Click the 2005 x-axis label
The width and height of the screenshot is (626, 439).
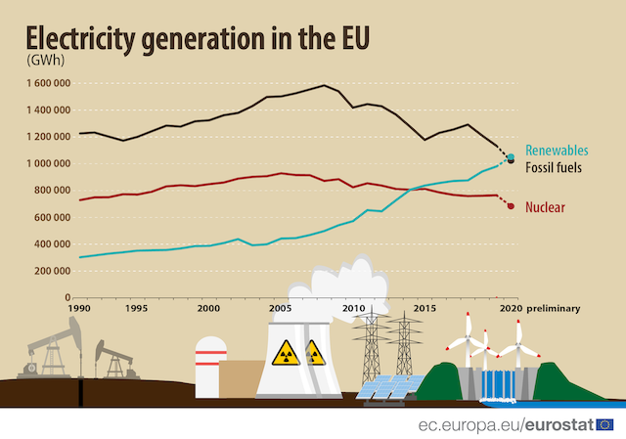click(x=280, y=308)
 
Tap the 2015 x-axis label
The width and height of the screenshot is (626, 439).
click(x=424, y=308)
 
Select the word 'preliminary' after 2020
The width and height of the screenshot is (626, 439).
click(x=554, y=308)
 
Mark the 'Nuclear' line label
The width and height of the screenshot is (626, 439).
click(x=546, y=207)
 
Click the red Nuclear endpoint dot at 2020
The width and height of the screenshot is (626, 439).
click(x=511, y=206)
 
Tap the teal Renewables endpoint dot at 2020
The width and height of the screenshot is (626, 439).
click(x=511, y=156)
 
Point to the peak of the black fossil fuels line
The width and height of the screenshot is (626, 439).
click(x=324, y=85)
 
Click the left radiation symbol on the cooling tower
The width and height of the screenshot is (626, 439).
click(x=285, y=351)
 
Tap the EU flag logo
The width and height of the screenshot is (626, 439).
click(x=606, y=424)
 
